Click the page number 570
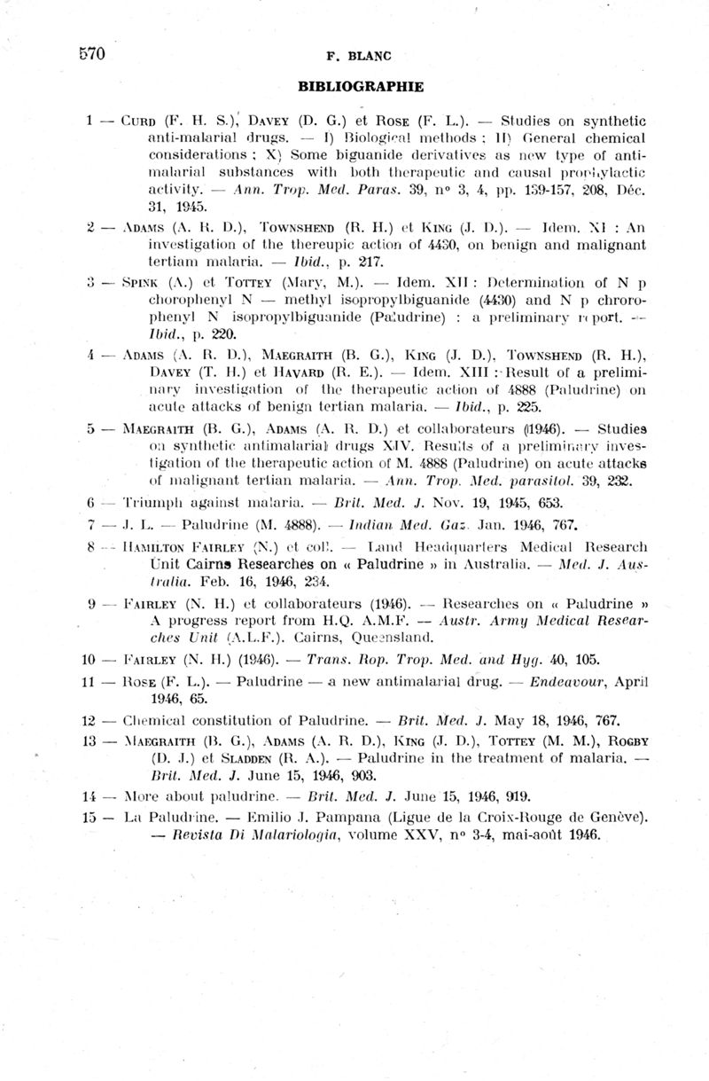pos(90,54)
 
